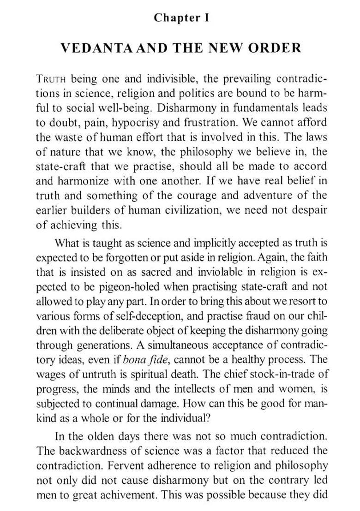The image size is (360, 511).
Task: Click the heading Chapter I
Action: point(181,18)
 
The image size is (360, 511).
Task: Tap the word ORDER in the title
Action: point(276,48)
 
